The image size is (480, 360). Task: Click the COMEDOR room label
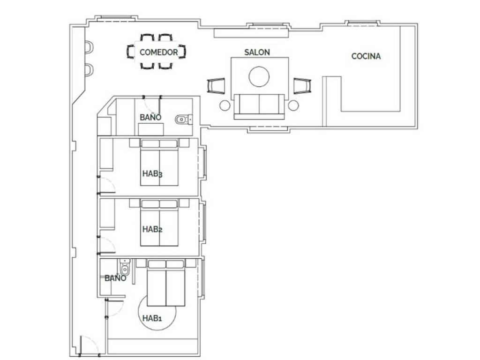158,52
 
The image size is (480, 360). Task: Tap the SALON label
257,52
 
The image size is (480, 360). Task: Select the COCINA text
366,56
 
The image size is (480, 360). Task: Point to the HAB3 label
152,174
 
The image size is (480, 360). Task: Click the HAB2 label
152,229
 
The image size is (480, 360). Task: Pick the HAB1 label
152,318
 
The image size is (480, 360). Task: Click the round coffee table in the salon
259,77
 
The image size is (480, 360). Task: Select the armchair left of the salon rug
216,86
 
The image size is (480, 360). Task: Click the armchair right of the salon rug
302,86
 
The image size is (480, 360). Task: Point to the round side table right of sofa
293,105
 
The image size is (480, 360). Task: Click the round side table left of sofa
225,105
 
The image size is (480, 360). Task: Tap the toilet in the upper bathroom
184,120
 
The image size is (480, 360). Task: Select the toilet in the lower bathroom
125,267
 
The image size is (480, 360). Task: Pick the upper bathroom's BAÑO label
150,117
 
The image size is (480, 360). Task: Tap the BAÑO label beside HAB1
115,278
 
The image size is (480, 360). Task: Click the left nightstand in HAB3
134,143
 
